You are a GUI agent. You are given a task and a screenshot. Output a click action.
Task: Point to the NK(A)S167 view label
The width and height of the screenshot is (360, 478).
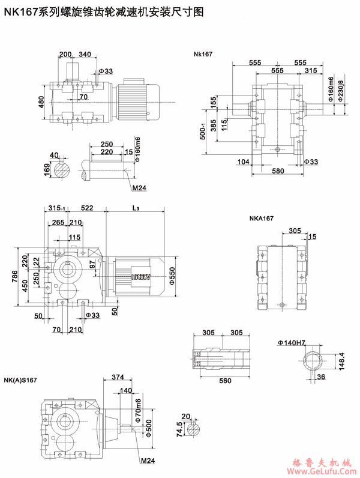tap(20, 380)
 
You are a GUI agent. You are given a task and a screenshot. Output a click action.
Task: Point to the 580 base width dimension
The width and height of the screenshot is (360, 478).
tap(277, 172)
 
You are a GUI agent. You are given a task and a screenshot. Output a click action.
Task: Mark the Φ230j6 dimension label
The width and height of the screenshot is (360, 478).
tap(341, 90)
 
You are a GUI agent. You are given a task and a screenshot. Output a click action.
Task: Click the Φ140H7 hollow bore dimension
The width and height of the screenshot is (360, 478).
tap(292, 343)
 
